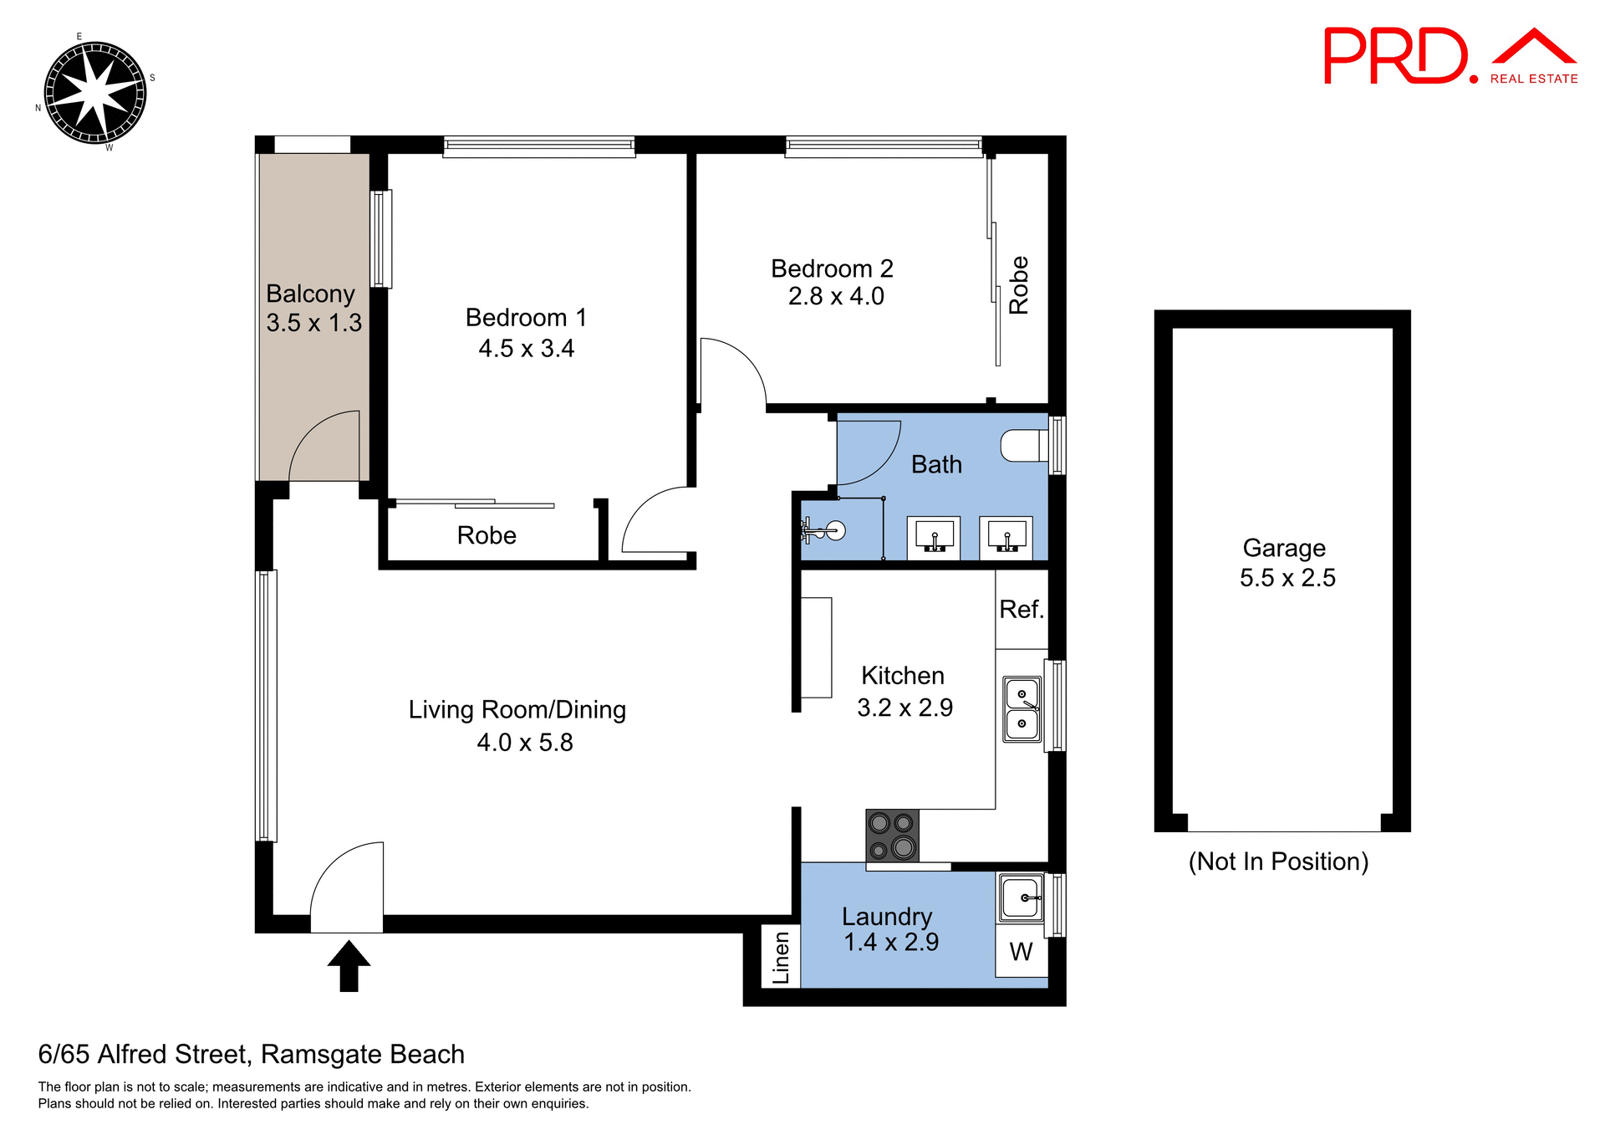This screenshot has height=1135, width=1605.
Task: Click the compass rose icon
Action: tap(94, 93)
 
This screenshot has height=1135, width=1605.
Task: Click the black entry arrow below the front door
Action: tap(349, 966)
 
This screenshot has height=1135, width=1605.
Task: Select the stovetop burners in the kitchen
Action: tap(892, 835)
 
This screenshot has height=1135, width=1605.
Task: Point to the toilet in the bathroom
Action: tap(1025, 446)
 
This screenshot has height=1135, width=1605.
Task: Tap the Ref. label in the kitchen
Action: tap(1022, 610)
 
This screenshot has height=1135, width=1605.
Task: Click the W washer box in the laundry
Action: tap(1021, 951)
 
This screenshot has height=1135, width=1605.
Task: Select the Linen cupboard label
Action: tap(781, 958)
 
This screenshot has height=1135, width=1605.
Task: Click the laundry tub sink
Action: tap(1020, 897)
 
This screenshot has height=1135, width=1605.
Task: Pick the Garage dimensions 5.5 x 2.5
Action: tap(1287, 578)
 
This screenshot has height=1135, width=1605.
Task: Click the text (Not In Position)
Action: tap(1278, 861)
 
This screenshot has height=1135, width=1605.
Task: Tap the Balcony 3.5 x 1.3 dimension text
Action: tap(314, 323)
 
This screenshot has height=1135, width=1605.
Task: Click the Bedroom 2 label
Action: tap(832, 268)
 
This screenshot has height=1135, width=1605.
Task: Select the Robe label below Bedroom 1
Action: tap(487, 535)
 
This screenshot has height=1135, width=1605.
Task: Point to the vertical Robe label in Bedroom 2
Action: tap(1018, 285)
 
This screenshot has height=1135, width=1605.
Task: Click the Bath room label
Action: tap(936, 464)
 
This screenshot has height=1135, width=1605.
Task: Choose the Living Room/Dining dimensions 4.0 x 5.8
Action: tap(525, 743)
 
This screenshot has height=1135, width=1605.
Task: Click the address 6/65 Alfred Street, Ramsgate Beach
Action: tap(252, 1054)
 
